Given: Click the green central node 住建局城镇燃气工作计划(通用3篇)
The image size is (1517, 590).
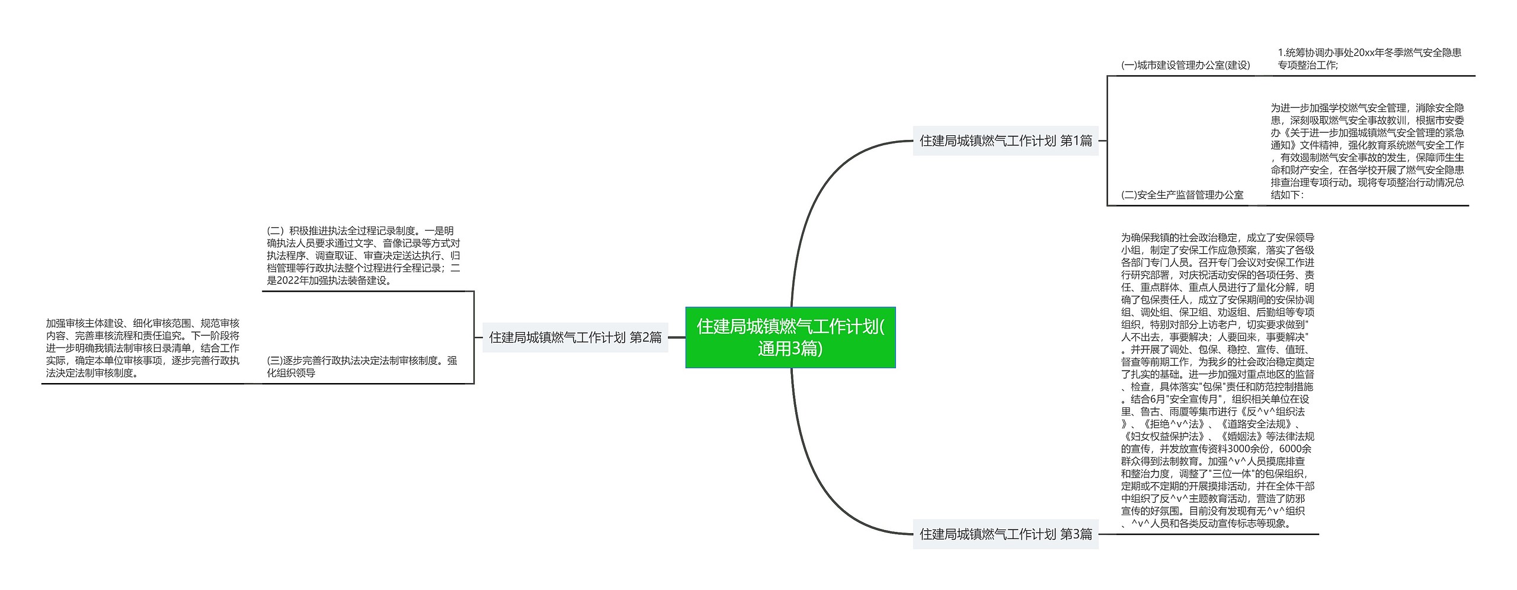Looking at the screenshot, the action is click(790, 337).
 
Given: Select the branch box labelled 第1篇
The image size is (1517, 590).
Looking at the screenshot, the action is click(1005, 141).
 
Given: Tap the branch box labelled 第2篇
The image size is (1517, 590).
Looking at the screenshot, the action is click(575, 337).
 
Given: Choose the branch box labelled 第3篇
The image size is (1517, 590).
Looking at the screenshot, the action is click(1005, 534).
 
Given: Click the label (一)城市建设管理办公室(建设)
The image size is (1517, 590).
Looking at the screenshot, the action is click(1185, 65).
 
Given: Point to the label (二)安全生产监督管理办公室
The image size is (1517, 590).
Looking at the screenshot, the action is click(1182, 195).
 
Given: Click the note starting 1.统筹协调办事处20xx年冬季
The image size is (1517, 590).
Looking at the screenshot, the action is click(1369, 59).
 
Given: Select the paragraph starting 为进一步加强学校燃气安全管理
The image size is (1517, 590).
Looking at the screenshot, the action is click(1367, 151).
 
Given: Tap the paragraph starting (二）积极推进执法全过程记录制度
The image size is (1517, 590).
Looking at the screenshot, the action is click(363, 256).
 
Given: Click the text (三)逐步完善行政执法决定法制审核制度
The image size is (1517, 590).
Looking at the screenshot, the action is click(361, 366).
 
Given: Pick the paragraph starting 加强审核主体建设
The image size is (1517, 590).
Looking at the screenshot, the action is click(143, 348).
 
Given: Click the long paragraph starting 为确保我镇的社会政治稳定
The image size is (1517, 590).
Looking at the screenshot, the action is click(1218, 380).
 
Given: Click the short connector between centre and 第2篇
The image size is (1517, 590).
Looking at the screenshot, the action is click(677, 337).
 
